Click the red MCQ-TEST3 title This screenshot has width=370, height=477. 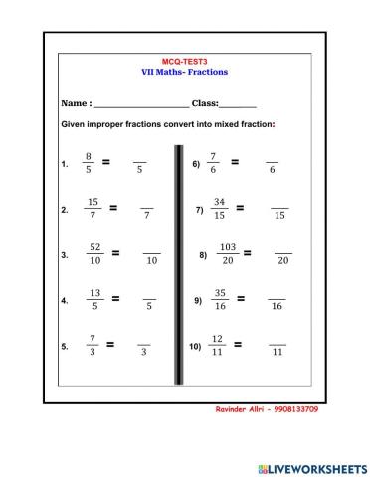pos(186,61)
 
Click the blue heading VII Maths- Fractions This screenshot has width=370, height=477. pos(186,72)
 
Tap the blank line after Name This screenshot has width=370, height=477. pos(140,103)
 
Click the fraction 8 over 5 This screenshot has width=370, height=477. pos(89,163)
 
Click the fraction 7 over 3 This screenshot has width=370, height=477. pos(91,346)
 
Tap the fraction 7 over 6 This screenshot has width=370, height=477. pos(213,163)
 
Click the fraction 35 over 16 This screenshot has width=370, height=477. pos(220,299)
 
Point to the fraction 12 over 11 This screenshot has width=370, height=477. pos(218,346)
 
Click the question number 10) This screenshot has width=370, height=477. pos(195,348)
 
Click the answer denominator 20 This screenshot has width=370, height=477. pos(283,261)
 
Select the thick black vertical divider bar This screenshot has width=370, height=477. pos(179,263)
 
